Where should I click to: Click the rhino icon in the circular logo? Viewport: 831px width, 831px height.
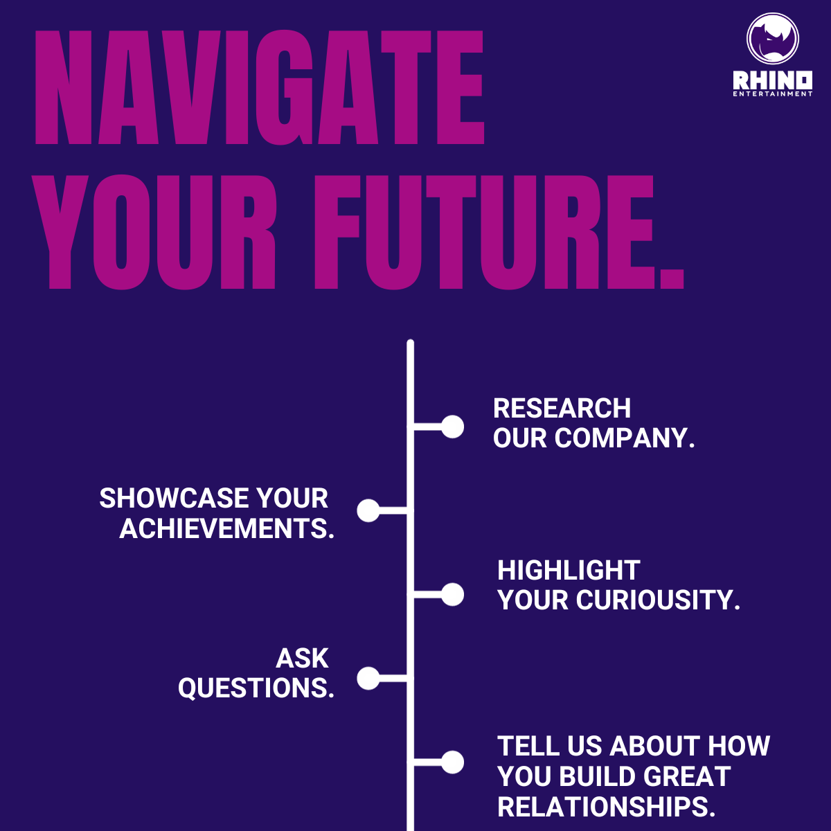[772, 39]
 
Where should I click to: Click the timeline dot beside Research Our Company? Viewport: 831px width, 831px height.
[452, 427]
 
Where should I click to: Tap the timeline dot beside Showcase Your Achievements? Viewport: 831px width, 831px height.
[368, 510]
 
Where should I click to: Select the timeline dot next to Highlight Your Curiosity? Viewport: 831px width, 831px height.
[452, 594]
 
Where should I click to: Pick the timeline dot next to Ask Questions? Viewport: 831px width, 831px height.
[368, 678]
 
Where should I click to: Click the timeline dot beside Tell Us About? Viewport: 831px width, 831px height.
[452, 762]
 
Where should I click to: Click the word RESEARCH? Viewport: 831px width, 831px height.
[562, 409]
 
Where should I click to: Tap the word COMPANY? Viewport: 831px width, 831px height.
[623, 438]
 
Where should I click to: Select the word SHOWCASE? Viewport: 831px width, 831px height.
[174, 499]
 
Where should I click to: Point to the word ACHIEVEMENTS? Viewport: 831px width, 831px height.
[226, 529]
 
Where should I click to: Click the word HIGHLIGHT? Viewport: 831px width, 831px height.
[569, 571]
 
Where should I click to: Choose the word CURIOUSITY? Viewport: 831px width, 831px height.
[658, 600]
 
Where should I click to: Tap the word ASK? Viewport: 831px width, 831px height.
[303, 659]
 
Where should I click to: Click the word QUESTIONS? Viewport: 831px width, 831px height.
[256, 688]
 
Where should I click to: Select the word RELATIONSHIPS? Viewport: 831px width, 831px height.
[606, 807]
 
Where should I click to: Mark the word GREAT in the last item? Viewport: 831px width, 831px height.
[687, 777]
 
